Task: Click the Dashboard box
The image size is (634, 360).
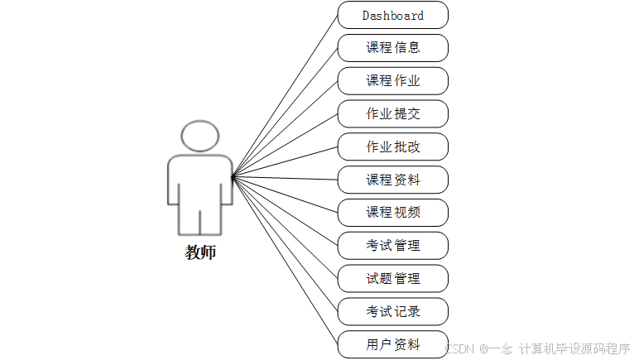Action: coord(392,15)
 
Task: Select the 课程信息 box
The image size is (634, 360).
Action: coord(392,48)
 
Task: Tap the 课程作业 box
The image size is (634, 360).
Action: coord(392,81)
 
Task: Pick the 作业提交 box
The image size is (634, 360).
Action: coord(392,114)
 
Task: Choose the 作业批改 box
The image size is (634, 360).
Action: coord(392,146)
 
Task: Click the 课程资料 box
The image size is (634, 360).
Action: coord(392,180)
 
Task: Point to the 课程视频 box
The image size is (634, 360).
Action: coord(392,213)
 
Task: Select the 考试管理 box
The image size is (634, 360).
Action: coord(392,246)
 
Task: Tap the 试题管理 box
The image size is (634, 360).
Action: coord(392,279)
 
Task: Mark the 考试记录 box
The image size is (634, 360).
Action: coord(392,311)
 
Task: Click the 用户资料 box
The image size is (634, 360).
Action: coord(392,344)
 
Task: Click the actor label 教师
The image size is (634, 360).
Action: coord(200,252)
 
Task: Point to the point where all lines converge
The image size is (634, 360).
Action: coord(233,176)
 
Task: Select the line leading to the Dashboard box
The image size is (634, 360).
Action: coord(286,96)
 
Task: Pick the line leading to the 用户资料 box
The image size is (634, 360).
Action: coord(286,261)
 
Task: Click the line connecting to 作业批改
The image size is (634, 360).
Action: coord(286,162)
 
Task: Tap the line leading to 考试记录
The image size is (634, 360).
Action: coord(286,244)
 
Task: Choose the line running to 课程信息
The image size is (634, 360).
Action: coord(286,113)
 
